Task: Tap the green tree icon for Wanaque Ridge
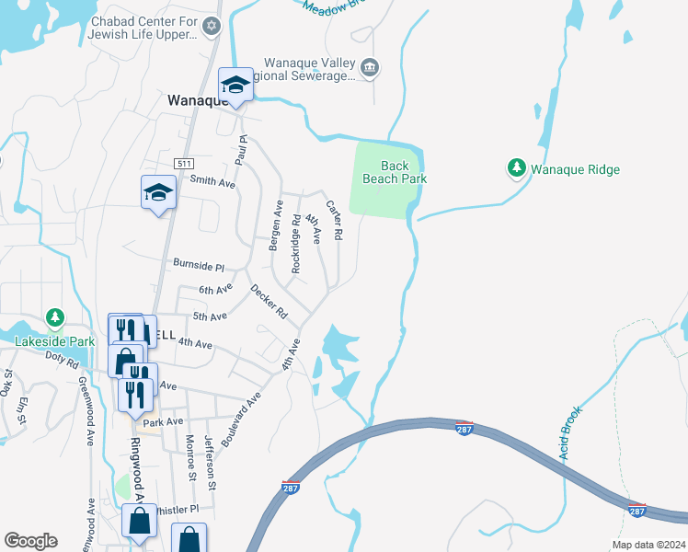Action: pos(517,168)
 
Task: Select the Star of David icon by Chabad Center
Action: pos(212,27)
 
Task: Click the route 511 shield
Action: pos(185,163)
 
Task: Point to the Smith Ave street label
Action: pos(212,183)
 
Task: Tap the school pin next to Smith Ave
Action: pos(158,193)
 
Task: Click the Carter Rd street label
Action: pos(333,222)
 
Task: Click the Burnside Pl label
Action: pos(199,265)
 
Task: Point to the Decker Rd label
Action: pos(269,302)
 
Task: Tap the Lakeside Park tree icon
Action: pos(55,318)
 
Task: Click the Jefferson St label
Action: pos(212,463)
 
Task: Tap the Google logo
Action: pos(30,541)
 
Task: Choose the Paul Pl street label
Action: pos(243,150)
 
